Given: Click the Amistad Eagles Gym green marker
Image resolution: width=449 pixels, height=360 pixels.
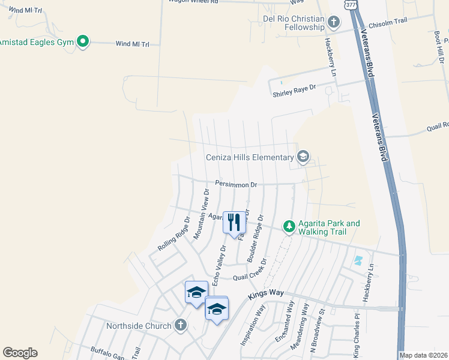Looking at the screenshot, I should point(83,41).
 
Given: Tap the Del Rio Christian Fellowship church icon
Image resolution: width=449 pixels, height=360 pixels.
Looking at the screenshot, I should point(334,23).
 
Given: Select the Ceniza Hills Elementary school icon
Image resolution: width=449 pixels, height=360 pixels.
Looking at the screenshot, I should point(303,157).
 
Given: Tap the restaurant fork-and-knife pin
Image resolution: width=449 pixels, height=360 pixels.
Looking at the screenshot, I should point(234,222).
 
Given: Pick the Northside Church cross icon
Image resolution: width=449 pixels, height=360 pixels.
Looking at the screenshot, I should point(179,326).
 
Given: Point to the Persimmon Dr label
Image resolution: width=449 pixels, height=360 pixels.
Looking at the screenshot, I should point(236,185).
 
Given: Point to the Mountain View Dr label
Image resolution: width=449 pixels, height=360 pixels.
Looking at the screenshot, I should point(201,214).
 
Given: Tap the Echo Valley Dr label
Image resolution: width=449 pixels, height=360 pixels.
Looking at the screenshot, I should point(218,256).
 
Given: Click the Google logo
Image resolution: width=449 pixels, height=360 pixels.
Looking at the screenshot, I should point(20,353).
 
